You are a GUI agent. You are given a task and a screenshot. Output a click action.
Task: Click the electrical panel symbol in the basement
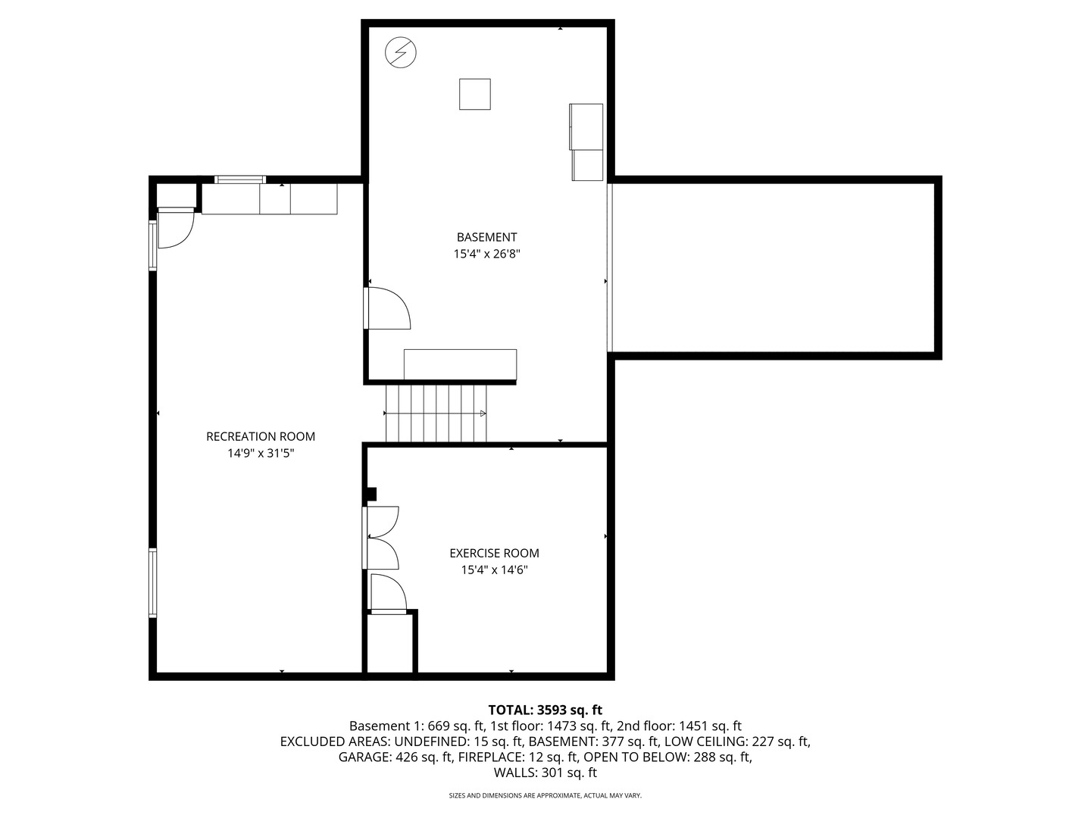401,53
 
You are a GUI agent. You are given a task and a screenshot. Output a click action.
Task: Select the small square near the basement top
475,94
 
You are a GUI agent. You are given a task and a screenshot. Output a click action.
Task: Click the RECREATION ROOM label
261,436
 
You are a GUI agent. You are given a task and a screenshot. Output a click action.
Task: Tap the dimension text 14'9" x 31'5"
261,454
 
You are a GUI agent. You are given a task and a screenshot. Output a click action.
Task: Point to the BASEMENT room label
486,237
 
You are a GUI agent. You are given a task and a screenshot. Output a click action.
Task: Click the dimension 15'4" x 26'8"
486,254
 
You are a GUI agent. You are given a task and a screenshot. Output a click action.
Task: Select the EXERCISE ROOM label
494,553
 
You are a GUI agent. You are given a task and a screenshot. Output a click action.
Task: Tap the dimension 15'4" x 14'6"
494,570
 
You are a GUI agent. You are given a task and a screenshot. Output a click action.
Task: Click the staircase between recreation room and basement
436,413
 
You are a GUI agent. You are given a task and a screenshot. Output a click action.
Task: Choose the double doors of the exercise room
382,537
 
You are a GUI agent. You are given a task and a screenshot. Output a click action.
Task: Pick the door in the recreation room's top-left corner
174,229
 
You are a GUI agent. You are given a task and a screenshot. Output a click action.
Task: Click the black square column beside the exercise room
370,495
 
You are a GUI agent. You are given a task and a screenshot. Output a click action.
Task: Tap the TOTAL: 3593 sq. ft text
545,710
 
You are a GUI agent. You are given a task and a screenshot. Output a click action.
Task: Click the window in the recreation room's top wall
240,180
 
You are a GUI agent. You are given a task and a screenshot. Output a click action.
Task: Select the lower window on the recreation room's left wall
153,582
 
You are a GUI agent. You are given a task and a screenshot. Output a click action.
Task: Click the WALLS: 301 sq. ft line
545,773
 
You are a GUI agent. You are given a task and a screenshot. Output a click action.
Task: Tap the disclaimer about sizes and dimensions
545,796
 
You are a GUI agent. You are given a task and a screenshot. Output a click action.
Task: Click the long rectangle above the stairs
460,364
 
